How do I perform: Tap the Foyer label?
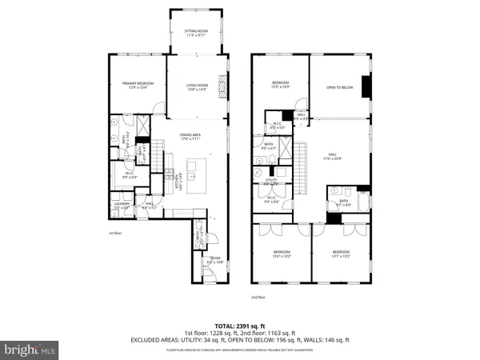tap(215, 258)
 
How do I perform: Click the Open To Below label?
tap(341, 89)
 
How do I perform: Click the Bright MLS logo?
tap(30, 349)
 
